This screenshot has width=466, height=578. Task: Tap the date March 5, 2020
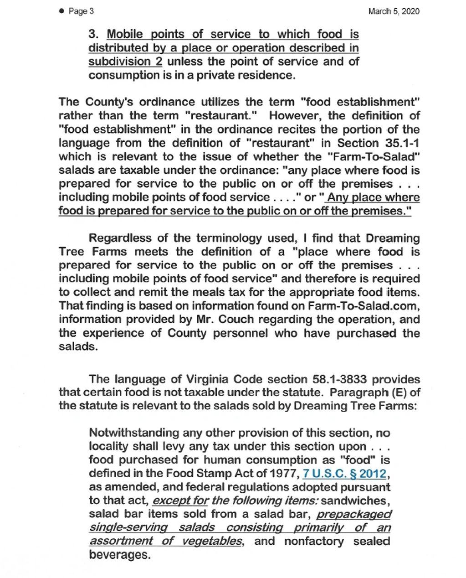[394, 11]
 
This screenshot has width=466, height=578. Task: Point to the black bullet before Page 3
[61, 11]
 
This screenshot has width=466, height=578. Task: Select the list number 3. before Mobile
[93, 34]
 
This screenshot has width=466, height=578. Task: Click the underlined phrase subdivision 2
[125, 62]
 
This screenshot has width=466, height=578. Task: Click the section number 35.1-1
[399, 143]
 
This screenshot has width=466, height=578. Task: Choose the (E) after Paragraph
[397, 392]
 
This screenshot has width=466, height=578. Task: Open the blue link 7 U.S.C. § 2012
[345, 474]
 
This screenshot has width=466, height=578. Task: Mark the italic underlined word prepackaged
[354, 514]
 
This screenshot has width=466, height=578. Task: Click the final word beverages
[119, 555]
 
